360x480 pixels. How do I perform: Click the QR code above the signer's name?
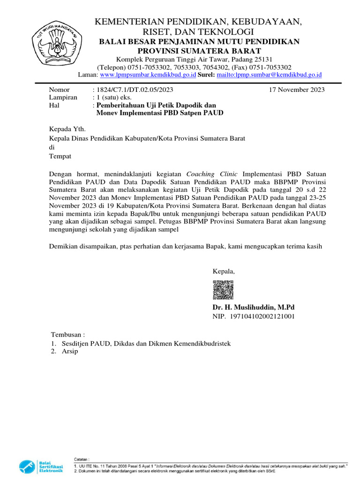(223, 290)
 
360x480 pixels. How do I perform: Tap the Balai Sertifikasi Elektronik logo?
(41, 467)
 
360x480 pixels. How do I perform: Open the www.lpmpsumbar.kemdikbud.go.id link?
(148, 75)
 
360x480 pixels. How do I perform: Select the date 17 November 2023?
(297, 90)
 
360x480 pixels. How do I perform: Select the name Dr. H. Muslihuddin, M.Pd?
(254, 307)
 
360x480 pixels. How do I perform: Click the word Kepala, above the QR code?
(224, 271)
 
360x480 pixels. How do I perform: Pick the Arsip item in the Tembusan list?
(70, 352)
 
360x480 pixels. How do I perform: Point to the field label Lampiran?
(63, 97)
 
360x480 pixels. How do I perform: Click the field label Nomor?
(60, 90)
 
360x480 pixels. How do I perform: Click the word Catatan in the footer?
(82, 458)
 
